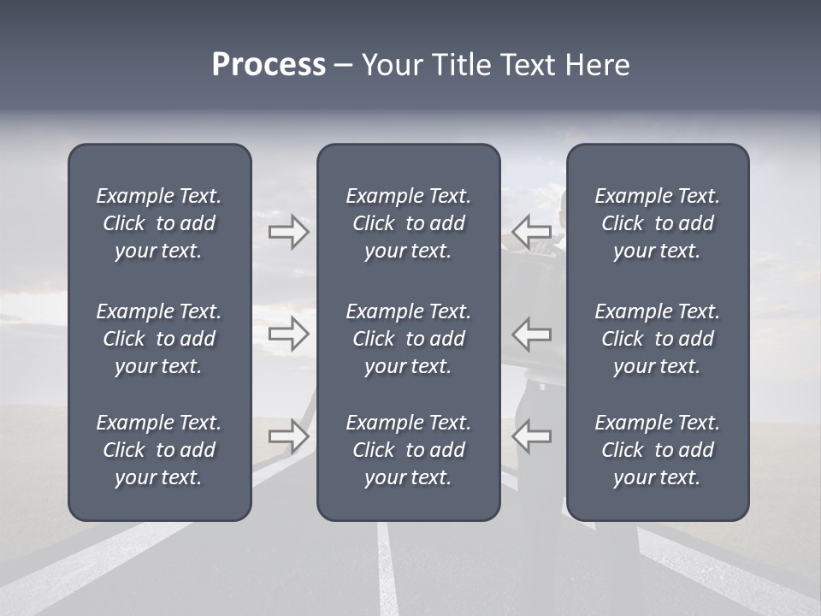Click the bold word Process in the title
pos(269,65)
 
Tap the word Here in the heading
pos(597,65)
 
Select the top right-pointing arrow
pos(289,231)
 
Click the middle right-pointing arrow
pos(289,334)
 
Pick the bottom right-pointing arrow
pos(289,436)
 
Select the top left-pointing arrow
pos(532,231)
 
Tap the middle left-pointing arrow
pos(532,334)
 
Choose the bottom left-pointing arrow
pos(532,436)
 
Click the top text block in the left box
pos(159,223)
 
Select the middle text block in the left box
pos(159,339)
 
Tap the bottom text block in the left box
pos(159,450)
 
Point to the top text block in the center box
pos(408,223)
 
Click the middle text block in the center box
pos(408,339)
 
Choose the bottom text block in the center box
pos(408,450)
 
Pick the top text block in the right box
pos(657,223)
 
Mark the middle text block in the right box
pos(657,339)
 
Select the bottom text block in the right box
pos(657,450)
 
